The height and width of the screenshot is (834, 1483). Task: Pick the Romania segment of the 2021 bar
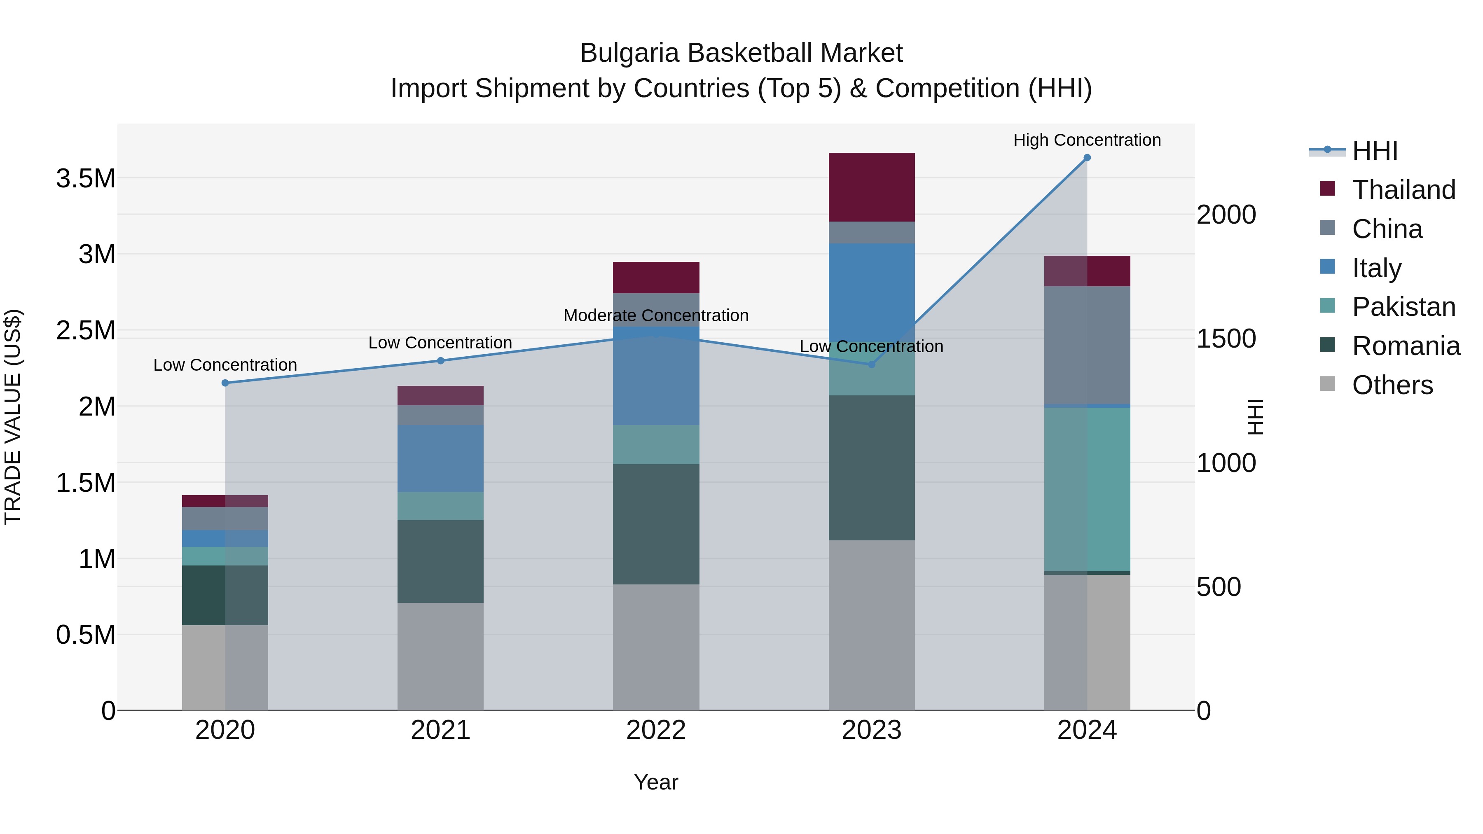[440, 561]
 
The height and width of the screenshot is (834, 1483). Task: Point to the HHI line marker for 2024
[1087, 158]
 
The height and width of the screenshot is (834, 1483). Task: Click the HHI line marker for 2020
[225, 383]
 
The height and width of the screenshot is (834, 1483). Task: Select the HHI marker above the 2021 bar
[440, 361]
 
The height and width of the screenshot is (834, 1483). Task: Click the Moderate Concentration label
[656, 315]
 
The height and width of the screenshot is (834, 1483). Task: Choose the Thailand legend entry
[1403, 190]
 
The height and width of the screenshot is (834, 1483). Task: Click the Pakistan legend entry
[1403, 307]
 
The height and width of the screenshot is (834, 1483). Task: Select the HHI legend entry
[1374, 151]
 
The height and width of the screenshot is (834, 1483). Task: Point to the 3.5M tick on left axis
[86, 178]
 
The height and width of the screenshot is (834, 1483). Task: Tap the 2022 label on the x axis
[656, 730]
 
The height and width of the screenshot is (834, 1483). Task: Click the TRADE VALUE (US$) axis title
[13, 417]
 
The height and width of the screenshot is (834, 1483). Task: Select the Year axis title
[656, 782]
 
